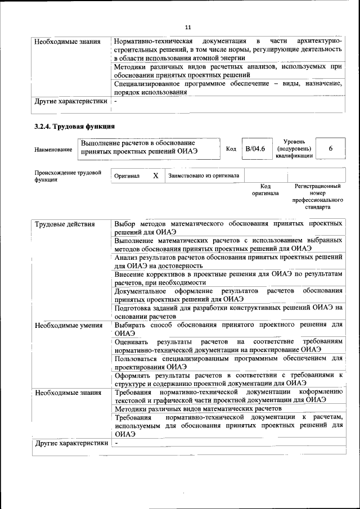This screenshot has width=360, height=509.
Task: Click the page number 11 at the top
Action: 188,26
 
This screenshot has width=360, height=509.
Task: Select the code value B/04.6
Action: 254,148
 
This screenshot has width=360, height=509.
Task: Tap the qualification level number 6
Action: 330,148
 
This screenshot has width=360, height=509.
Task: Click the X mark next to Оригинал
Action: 155,175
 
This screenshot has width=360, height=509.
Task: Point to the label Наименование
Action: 53,149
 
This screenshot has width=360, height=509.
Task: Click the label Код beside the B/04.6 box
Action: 231,148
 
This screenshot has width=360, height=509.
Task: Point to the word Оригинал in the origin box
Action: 127,176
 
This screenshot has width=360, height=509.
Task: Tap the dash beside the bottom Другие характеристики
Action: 116,443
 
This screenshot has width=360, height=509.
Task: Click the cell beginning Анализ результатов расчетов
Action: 228,260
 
